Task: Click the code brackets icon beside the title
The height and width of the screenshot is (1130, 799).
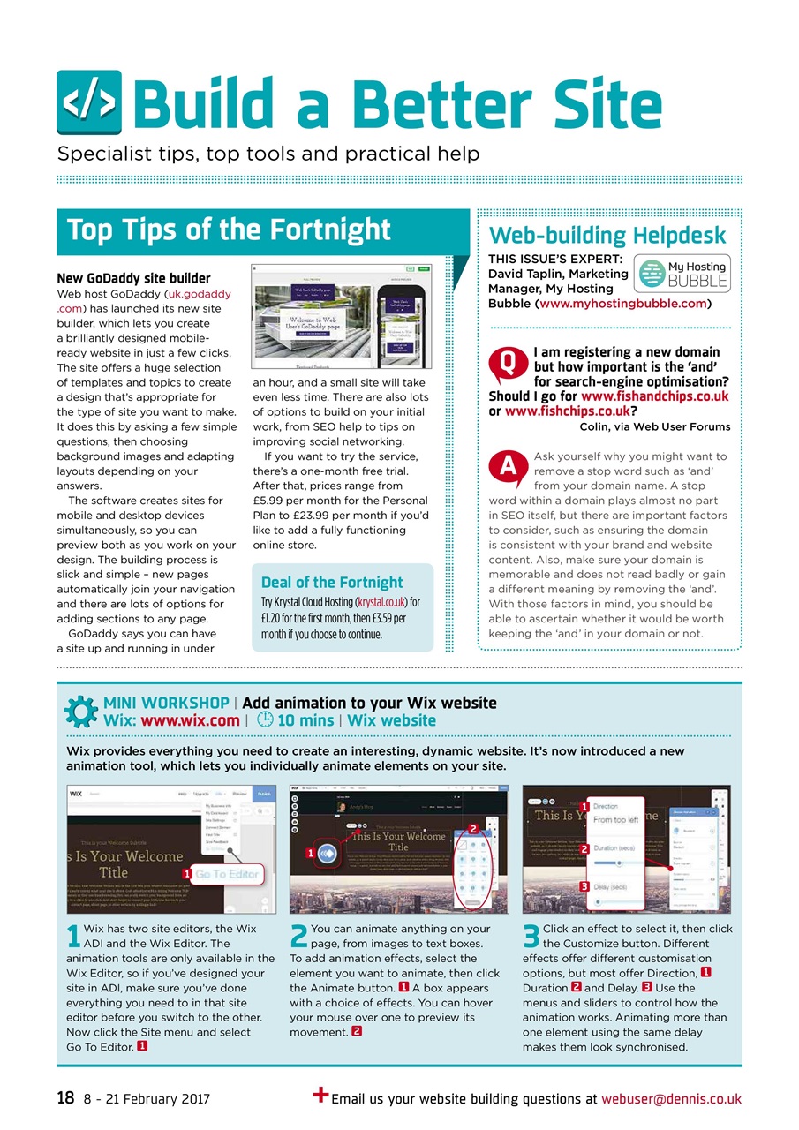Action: click(89, 102)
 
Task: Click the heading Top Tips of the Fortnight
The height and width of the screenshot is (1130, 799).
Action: click(229, 230)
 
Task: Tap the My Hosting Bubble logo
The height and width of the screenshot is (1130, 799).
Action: click(681, 274)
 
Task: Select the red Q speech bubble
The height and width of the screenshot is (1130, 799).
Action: click(507, 363)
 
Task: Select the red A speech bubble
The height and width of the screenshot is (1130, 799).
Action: click(507, 469)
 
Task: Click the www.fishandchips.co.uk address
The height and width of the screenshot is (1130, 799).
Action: click(654, 396)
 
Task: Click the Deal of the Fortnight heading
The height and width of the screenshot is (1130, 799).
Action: click(332, 582)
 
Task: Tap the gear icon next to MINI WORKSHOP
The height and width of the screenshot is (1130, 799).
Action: click(81, 712)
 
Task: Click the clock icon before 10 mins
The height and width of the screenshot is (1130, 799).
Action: click(265, 719)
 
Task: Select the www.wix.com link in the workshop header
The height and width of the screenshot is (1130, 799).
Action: click(190, 720)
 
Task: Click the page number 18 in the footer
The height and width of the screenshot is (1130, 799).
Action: click(65, 1099)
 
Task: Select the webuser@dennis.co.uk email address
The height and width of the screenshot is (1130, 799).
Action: click(671, 1099)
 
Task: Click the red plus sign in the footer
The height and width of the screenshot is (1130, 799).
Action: click(321, 1096)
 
